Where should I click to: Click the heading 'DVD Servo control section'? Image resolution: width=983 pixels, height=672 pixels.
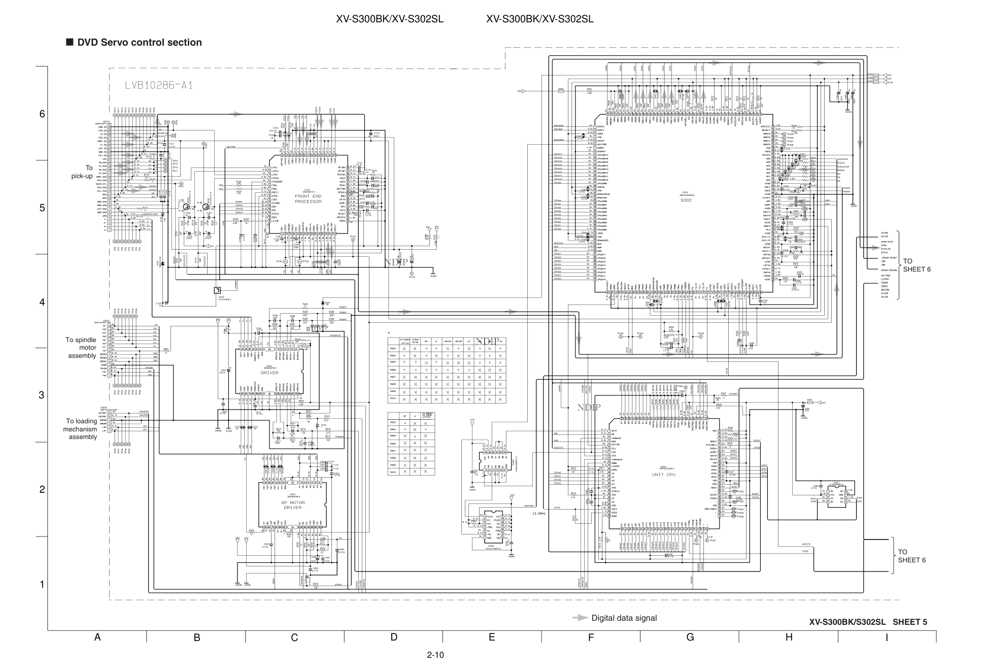tap(140, 43)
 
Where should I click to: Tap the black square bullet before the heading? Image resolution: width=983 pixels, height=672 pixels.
tap(70, 43)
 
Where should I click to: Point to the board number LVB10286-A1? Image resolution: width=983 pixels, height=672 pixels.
tap(159, 85)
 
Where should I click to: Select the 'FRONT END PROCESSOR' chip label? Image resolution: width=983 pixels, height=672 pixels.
tap(308, 199)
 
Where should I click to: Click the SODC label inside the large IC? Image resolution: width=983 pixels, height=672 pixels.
tap(686, 200)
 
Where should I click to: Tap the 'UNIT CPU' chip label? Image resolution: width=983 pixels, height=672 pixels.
tap(664, 475)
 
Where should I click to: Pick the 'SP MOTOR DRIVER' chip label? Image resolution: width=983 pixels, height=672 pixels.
tap(293, 505)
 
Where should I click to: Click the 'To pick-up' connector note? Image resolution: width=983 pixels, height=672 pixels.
tap(82, 172)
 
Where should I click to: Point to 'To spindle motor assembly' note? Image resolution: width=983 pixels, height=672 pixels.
tap(81, 348)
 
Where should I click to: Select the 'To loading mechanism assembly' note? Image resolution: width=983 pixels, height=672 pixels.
tap(81, 429)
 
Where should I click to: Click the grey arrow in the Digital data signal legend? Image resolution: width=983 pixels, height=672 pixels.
tap(580, 618)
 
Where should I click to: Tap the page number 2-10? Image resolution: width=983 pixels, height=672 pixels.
tap(435, 655)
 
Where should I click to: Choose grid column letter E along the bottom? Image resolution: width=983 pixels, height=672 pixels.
tap(491, 637)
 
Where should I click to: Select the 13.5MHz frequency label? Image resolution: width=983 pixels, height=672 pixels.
tap(538, 514)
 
